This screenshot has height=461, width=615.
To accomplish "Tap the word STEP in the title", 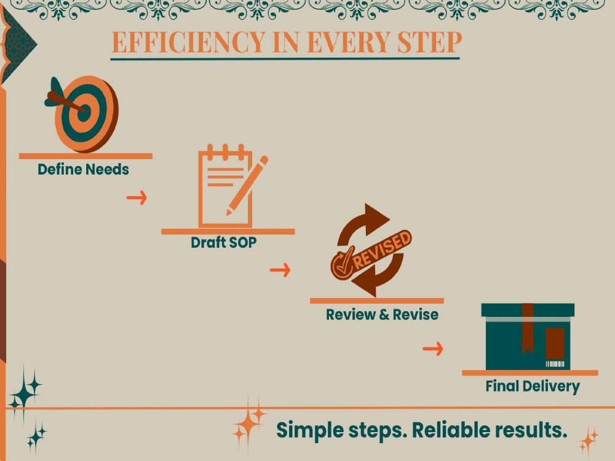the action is click(429, 42).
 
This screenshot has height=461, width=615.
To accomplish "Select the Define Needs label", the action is click(83, 170).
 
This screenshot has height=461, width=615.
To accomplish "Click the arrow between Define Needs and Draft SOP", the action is click(137, 197).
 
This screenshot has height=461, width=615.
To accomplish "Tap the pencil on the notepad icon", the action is click(247, 186).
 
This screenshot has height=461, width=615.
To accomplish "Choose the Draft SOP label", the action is click(224, 242).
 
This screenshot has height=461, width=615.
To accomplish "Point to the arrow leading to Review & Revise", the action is click(280, 270).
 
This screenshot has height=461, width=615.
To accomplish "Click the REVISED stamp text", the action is click(382, 250).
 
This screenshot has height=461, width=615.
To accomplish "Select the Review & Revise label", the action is click(382, 314).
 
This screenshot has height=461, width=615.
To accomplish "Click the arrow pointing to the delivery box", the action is click(432, 349).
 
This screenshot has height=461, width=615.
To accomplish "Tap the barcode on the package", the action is click(555, 364).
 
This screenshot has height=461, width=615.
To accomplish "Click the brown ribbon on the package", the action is click(528, 328).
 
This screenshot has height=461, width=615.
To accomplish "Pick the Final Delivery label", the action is click(533, 386).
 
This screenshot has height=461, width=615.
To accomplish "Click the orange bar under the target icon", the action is click(85, 156).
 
